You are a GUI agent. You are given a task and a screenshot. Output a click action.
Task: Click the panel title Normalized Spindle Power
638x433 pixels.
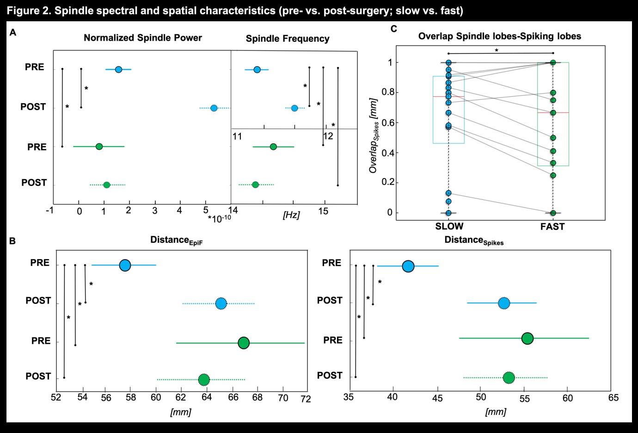pos(142,38)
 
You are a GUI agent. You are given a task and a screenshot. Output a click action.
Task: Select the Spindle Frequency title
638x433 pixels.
pos(287,39)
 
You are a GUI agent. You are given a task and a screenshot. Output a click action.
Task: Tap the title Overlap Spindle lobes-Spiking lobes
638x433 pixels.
pos(499,36)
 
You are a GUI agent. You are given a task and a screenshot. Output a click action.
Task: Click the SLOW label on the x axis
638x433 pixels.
pos(449,226)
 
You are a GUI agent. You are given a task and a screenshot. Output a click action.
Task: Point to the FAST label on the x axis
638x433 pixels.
pos(552,226)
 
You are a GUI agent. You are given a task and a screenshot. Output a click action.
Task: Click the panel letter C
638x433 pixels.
pos(393,29)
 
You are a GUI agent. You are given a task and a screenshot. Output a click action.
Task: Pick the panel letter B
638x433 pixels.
pos(12,241)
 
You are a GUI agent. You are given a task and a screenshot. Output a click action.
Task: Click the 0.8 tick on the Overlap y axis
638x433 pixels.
pos(387,92)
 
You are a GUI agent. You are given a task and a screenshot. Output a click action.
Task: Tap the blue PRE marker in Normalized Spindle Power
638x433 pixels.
pos(118,69)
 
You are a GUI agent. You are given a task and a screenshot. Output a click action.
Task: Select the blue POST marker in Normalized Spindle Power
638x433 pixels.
pos(214,108)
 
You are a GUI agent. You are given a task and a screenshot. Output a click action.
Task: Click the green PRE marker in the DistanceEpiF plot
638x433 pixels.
pos(244,343)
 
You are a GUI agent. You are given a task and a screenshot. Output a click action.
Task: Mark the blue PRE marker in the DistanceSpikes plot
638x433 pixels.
pos(408,266)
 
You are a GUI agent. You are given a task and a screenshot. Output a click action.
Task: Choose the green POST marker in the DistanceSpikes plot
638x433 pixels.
pos(509,378)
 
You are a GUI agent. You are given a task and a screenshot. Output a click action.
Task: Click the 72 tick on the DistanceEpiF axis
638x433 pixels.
pos(306,399)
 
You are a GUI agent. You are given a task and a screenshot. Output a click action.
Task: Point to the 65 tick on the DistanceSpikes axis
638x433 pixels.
pos(613,398)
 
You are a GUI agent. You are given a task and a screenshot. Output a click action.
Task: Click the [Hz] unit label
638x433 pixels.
pos(291,215)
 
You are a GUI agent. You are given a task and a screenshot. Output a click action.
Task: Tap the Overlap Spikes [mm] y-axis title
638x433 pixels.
pos(374,136)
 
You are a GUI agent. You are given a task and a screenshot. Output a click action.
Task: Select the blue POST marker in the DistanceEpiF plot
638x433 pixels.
pos(221,304)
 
